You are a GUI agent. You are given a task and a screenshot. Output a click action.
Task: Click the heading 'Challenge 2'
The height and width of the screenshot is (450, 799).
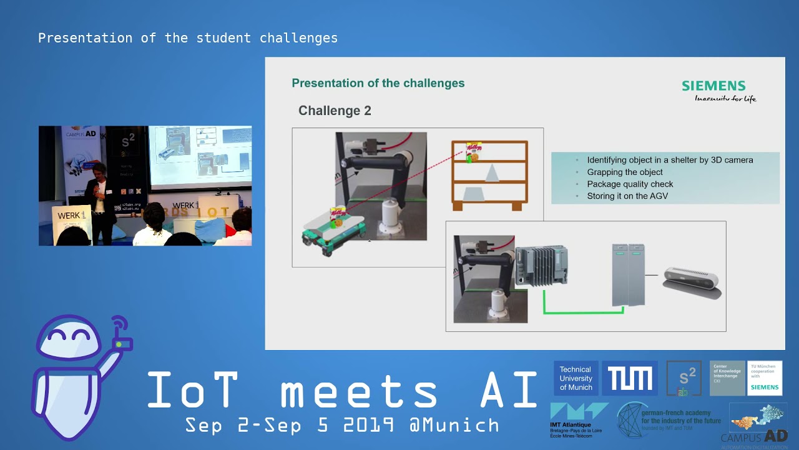335,111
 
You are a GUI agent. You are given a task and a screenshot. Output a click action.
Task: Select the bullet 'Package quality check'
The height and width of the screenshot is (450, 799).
630,184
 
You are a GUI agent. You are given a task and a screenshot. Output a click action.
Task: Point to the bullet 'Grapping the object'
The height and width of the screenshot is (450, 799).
625,172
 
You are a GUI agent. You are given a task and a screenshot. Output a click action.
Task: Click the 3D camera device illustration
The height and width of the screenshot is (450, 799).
692,281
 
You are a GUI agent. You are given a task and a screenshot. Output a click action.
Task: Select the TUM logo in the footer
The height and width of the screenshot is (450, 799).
629,378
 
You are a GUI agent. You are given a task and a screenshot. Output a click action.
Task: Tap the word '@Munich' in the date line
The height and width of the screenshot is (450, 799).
454,426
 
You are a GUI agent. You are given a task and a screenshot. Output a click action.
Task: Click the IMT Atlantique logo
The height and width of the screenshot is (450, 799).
577,419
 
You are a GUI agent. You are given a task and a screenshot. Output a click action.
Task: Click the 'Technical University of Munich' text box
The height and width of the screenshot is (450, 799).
576,378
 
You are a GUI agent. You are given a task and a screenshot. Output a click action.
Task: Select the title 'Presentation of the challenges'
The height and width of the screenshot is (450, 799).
378,83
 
